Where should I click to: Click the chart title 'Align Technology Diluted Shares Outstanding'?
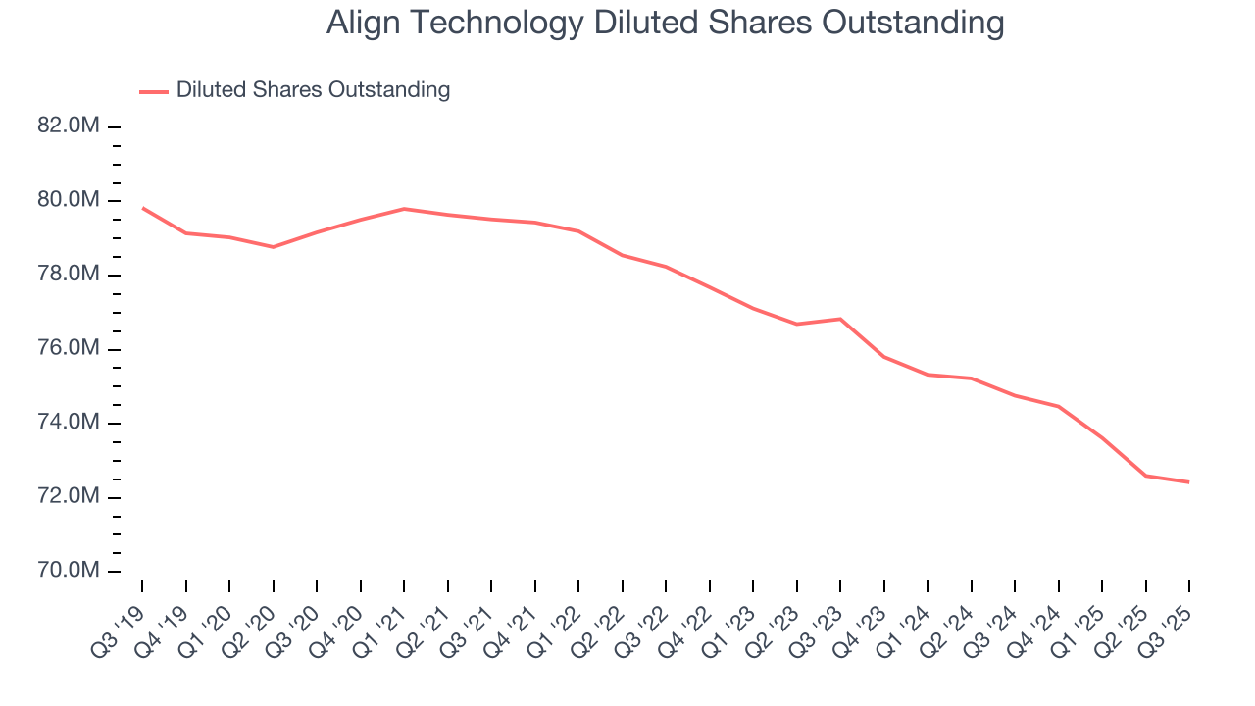coord(665,24)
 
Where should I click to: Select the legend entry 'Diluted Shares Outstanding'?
coord(313,90)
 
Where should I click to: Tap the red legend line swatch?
coord(154,91)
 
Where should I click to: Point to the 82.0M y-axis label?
coord(68,126)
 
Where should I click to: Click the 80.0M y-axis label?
coord(68,200)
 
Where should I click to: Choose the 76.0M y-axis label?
coord(68,349)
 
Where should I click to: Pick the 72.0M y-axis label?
coord(68,497)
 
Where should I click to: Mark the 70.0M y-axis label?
coord(68,571)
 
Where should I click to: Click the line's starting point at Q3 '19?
coord(143,208)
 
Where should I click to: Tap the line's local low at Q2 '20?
coord(274,247)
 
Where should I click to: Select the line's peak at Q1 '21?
coord(404,209)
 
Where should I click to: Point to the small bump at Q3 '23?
coord(840,319)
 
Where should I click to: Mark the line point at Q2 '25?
coord(1146,476)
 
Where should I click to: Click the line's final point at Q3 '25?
coord(1188,481)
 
